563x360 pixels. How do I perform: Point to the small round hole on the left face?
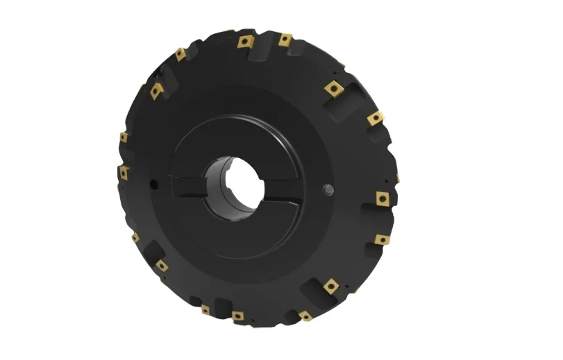click(152, 184)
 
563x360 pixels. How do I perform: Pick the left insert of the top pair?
click(244, 42)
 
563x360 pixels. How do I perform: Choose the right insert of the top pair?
click(285, 40)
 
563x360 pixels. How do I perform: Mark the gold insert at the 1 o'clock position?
click(335, 88)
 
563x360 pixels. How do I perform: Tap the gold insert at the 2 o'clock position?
click(375, 119)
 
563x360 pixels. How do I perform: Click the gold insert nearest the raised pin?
click(383, 198)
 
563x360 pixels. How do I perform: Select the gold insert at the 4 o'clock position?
click(382, 239)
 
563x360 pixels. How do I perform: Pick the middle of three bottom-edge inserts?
click(237, 316)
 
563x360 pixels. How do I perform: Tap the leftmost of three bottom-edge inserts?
click(205, 309)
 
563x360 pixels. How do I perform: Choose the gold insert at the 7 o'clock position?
click(162, 265)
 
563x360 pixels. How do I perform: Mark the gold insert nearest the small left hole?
click(124, 172)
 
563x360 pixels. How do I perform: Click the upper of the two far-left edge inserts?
click(124, 137)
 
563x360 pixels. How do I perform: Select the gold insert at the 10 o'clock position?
click(156, 90)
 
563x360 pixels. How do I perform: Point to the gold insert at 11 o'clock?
click(180, 53)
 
